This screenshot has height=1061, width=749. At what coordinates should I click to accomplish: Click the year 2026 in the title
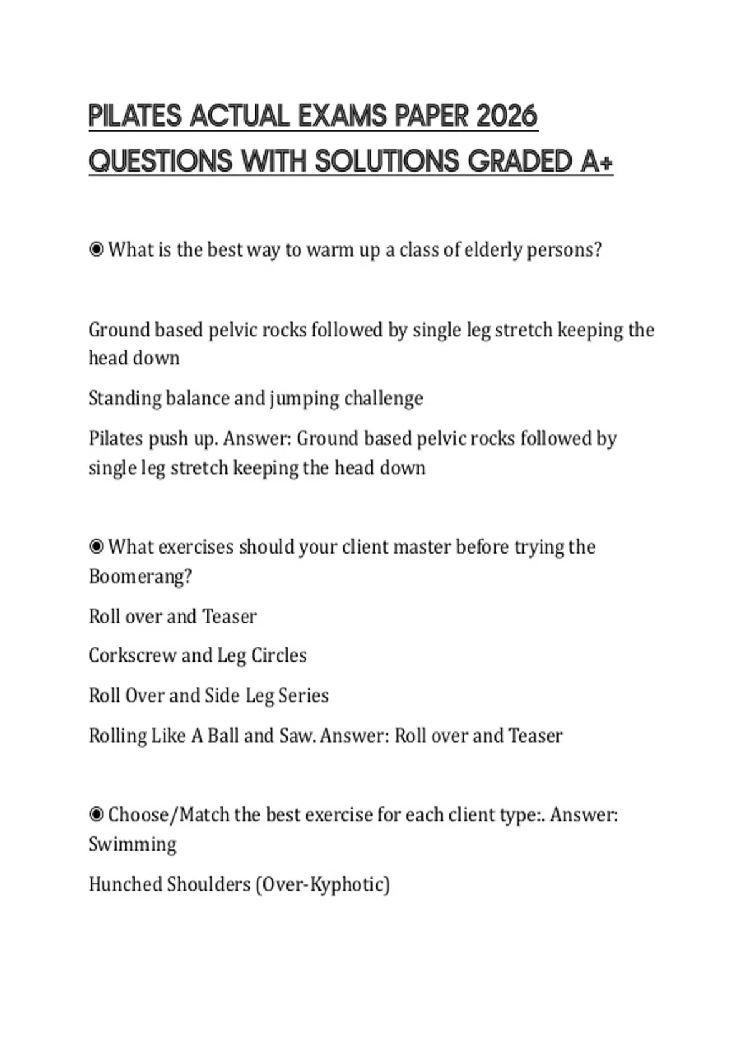(x=506, y=116)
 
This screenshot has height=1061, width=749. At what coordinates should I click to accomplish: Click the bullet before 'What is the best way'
(x=96, y=250)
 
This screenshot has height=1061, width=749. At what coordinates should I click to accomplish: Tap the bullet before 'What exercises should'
(x=96, y=547)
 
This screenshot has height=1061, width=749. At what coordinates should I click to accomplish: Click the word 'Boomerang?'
(x=140, y=576)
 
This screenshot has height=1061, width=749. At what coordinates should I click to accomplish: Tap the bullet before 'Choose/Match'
(x=96, y=814)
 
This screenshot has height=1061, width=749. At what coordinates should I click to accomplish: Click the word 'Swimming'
(x=132, y=844)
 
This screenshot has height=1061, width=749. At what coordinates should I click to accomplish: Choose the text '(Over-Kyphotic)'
(x=323, y=884)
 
